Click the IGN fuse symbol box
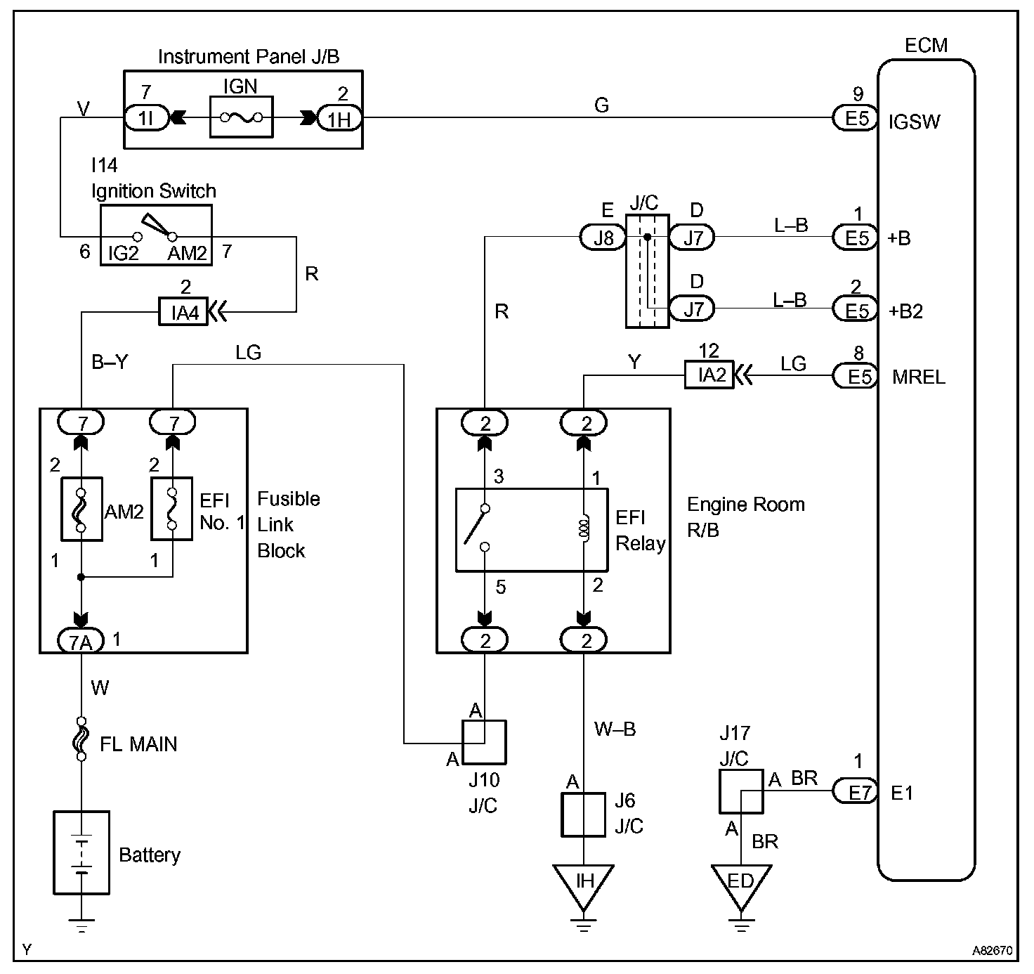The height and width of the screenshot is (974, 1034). click(241, 117)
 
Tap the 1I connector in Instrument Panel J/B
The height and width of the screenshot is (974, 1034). click(146, 118)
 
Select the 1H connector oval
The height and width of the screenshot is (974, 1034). click(340, 119)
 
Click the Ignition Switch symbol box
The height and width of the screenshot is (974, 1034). click(155, 235)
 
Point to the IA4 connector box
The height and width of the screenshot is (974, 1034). click(183, 312)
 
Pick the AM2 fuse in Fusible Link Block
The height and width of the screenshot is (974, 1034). click(81, 509)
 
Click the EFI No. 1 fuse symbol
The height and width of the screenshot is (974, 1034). click(172, 509)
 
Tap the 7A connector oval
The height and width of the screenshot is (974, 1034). click(81, 640)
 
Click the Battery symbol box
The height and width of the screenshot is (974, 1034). click(81, 852)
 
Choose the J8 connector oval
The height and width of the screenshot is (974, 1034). click(603, 238)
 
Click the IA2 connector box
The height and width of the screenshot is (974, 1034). click(709, 375)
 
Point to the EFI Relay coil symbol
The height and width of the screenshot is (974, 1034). click(583, 528)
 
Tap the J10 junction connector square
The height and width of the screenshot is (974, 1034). click(483, 742)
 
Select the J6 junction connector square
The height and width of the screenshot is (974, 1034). click(583, 814)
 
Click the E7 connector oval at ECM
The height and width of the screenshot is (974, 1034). click(856, 793)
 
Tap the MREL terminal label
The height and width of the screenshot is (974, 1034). click(919, 377)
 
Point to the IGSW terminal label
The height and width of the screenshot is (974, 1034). click(913, 122)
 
